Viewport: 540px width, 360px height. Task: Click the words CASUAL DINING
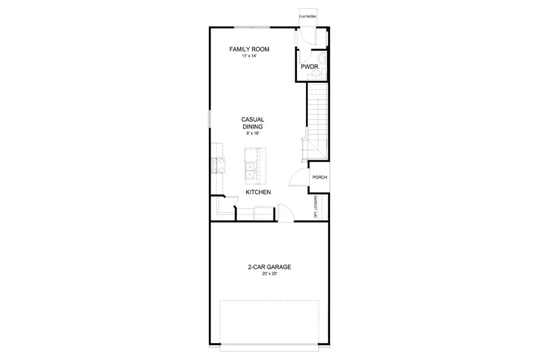coord(253,123)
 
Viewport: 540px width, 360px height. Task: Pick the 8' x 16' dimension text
coord(253,134)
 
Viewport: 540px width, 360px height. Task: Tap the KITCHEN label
coord(258,192)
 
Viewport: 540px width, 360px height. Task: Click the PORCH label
coord(319,178)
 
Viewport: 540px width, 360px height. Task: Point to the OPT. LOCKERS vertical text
coord(316,208)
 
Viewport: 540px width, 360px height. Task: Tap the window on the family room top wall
coord(252,27)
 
